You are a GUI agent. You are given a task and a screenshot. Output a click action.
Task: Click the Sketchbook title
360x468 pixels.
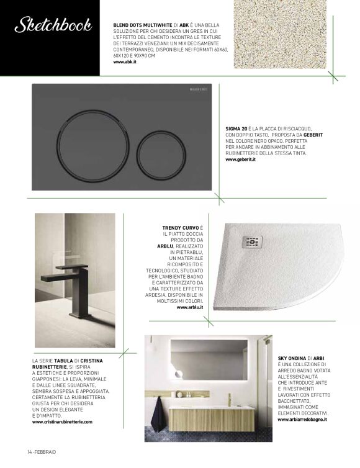tap(53, 25)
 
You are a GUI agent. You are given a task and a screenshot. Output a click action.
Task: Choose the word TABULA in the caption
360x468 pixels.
tap(65, 361)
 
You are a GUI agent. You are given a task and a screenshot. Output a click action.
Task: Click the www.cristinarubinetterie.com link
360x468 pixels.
tap(62, 422)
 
